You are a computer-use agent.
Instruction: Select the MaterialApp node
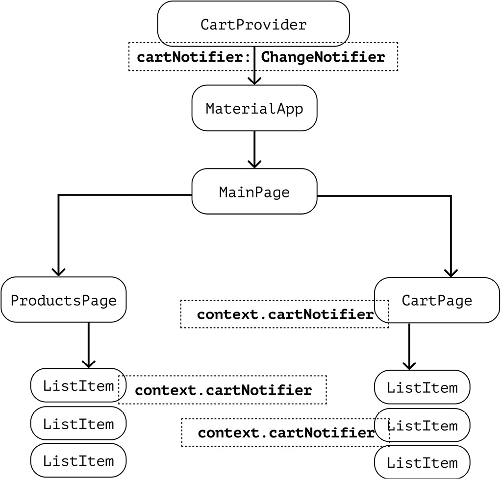tap(254, 108)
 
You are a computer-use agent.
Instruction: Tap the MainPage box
tap(254, 192)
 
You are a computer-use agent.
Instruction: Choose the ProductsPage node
tap(64, 300)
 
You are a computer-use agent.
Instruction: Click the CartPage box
tap(437, 300)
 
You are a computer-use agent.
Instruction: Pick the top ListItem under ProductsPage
tap(78, 385)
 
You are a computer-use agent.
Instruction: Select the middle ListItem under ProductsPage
tap(78, 424)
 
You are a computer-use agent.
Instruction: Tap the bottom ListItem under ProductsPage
tap(78, 460)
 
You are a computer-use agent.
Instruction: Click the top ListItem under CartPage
tap(422, 388)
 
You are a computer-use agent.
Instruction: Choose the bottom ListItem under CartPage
tap(422, 463)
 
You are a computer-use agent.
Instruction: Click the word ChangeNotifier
tap(323, 57)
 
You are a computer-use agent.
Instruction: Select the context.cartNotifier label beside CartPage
tap(285, 314)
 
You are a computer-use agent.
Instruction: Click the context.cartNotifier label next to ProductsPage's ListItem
tap(223, 390)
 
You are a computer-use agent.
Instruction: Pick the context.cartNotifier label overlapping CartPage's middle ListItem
tap(286, 432)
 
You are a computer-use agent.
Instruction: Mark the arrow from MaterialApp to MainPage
tap(254, 149)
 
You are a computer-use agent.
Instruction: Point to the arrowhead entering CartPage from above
tap(451, 272)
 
